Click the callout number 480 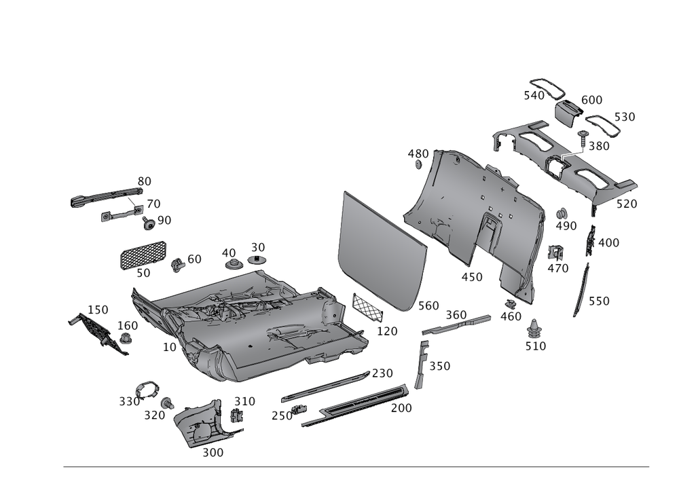coord(418,153)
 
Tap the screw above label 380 coord(583,138)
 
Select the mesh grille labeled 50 coord(143,255)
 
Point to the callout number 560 coord(428,306)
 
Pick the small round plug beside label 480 coord(418,165)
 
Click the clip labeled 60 coord(177,265)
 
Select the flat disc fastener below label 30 coord(257,260)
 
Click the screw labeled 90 coord(149,223)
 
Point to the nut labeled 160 coord(126,338)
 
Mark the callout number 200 coord(401,408)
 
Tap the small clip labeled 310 coord(237,416)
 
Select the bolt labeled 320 coord(167,403)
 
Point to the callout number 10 coord(170,347)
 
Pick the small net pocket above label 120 coord(367,307)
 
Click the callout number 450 coord(472,277)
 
